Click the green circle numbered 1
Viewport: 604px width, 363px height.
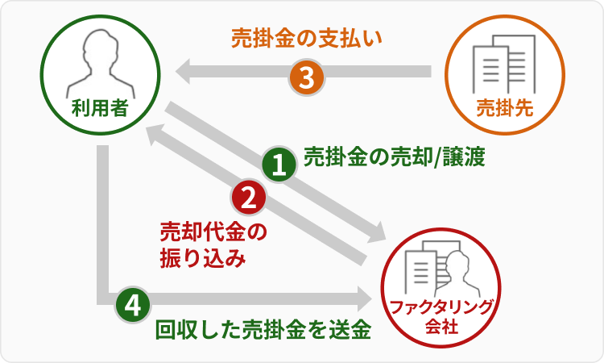(x=279, y=165)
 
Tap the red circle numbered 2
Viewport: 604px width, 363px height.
(x=248, y=197)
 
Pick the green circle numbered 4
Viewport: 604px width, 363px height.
(x=133, y=305)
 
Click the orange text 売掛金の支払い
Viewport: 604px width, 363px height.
(x=305, y=38)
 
